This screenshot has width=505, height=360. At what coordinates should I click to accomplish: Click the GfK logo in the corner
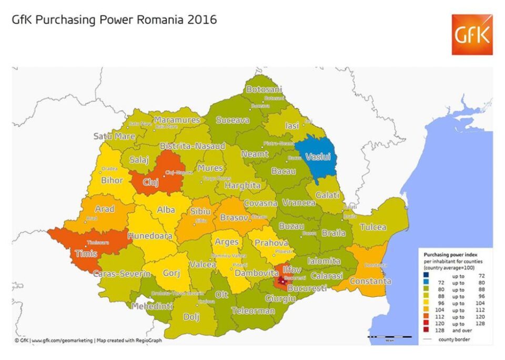click(x=472, y=35)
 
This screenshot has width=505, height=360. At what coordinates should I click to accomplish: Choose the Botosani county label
click(x=264, y=89)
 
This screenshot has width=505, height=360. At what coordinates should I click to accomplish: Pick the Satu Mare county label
click(x=114, y=136)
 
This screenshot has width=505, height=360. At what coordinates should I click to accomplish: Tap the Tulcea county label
click(x=373, y=228)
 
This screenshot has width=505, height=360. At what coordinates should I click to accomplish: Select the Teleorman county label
click(x=254, y=311)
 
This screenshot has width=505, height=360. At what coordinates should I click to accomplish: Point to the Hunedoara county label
click(x=150, y=236)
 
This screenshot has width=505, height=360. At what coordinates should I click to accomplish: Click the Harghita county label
click(x=243, y=186)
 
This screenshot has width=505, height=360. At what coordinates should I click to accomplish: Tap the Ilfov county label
click(x=292, y=270)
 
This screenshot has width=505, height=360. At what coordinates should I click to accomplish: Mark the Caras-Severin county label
click(x=122, y=274)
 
